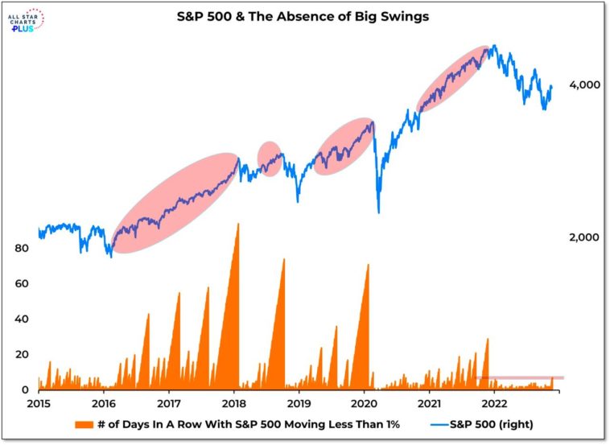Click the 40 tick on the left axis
pyautogui.click(x=22, y=319)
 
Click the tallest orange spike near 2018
pyautogui.click(x=237, y=225)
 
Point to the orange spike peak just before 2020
pyautogui.click(x=367, y=265)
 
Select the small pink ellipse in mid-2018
pyautogui.click(x=269, y=159)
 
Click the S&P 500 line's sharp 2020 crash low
pyautogui.click(x=378, y=212)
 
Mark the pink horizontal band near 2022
pyautogui.click(x=519, y=377)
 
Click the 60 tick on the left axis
pyautogui.click(x=22, y=283)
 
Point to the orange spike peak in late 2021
pyautogui.click(x=488, y=340)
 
